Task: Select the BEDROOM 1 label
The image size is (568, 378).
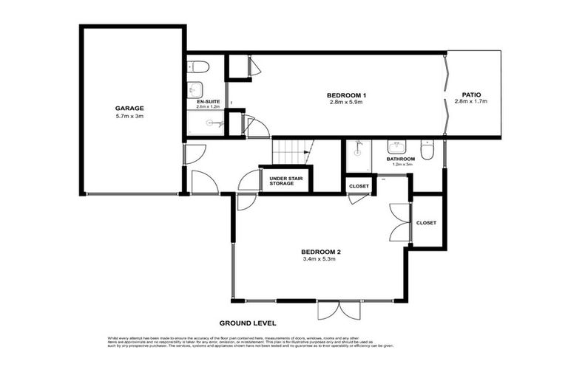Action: coord(347,94)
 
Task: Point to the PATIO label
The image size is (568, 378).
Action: coord(472,94)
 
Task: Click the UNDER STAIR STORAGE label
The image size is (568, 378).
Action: coord(286,180)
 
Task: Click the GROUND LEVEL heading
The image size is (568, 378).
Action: coord(248,323)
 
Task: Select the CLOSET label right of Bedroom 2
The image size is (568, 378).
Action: coord(426,222)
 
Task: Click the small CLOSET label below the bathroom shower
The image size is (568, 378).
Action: coord(359,187)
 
